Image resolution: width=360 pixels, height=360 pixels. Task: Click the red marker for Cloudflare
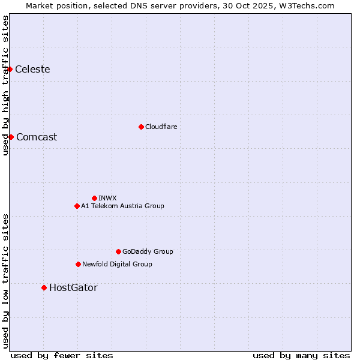click(141, 127)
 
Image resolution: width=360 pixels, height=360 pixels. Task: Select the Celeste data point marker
click(10, 70)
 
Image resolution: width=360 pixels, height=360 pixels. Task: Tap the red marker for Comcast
click(11, 137)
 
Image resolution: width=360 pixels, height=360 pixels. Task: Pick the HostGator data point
click(44, 288)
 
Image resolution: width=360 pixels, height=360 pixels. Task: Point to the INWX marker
click(94, 198)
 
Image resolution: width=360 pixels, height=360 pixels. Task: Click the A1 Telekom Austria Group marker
click(77, 206)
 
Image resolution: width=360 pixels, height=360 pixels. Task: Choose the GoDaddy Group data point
click(118, 251)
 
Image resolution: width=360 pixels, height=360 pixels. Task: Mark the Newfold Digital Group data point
click(78, 264)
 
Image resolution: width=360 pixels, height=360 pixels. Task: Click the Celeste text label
click(32, 70)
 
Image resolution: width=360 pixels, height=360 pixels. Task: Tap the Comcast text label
click(37, 137)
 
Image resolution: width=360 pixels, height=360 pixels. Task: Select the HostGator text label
click(73, 288)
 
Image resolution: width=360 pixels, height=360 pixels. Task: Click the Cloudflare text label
click(161, 127)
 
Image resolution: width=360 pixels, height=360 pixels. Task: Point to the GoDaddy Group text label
click(148, 251)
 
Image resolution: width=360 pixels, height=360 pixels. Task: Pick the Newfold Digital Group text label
click(117, 264)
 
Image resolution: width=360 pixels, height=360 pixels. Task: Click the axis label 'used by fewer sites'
click(62, 355)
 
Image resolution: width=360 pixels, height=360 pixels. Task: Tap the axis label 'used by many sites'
click(301, 355)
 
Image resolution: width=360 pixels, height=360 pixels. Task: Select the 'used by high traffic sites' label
click(5, 86)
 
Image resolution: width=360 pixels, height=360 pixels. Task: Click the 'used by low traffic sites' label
click(5, 280)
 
